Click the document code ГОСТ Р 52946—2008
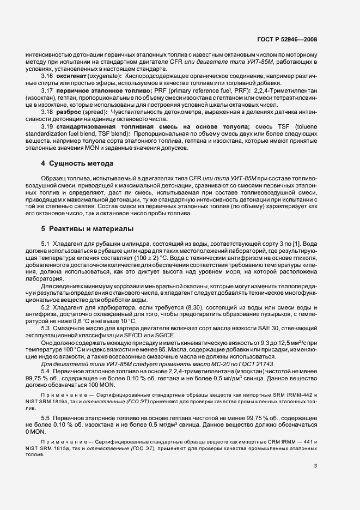pyautogui.click(x=287, y=40)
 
